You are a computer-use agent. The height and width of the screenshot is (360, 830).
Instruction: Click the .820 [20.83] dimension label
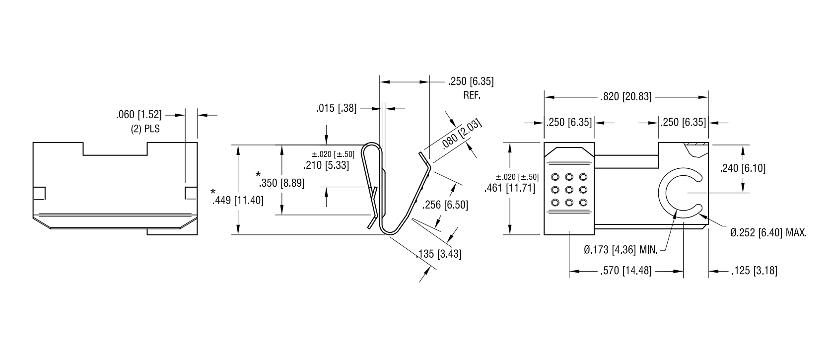click(626, 97)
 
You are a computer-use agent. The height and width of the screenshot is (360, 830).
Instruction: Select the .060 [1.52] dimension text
click(139, 115)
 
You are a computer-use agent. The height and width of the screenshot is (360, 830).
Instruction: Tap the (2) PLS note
click(145, 129)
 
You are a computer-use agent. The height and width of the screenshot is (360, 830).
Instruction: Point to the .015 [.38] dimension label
click(336, 108)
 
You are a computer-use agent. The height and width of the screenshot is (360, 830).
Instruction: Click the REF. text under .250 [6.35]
click(472, 95)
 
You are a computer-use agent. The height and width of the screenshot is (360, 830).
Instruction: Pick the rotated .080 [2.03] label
click(462, 134)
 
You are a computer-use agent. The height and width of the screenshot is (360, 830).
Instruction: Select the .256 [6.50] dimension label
click(445, 205)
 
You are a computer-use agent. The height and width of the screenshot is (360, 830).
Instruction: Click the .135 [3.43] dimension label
click(439, 254)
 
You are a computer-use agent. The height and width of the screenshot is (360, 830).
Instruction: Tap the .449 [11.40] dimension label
click(238, 201)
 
